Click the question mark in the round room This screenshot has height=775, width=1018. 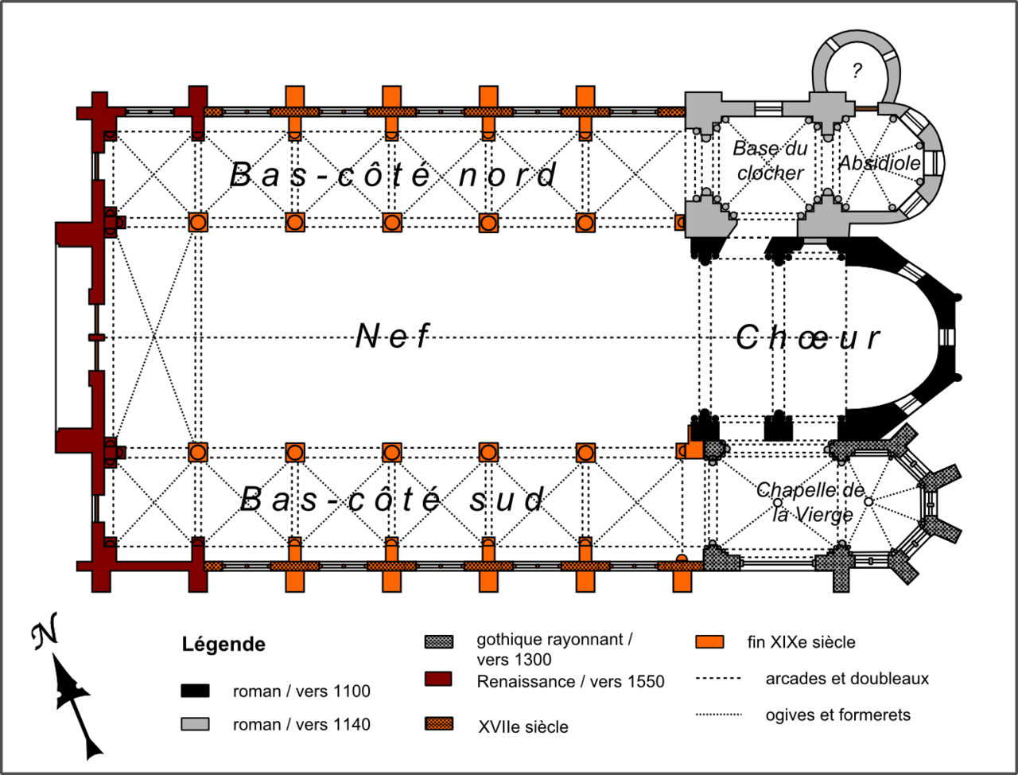(x=857, y=71)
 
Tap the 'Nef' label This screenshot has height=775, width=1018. (x=392, y=337)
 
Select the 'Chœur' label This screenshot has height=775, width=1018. (x=807, y=337)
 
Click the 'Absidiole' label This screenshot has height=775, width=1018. (x=880, y=163)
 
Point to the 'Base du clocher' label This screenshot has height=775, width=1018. (x=769, y=160)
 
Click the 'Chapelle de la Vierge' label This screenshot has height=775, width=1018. (x=810, y=502)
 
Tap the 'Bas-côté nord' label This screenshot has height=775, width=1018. (x=394, y=175)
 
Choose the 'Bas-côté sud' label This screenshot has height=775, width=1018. (x=392, y=500)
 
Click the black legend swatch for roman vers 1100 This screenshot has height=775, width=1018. (x=195, y=691)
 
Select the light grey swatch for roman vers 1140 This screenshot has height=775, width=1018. (x=195, y=724)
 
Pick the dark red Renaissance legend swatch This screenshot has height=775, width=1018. (x=438, y=679)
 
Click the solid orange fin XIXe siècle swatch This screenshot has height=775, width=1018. (x=709, y=642)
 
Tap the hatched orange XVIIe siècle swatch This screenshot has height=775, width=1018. (x=439, y=724)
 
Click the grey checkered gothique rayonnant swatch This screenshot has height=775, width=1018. (x=439, y=641)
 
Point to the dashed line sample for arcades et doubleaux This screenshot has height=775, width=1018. (x=718, y=679)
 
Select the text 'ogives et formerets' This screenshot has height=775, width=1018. (x=837, y=715)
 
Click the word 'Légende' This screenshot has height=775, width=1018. (x=223, y=644)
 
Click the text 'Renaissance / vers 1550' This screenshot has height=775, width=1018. (x=570, y=682)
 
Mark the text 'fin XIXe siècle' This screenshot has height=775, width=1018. (x=801, y=642)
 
